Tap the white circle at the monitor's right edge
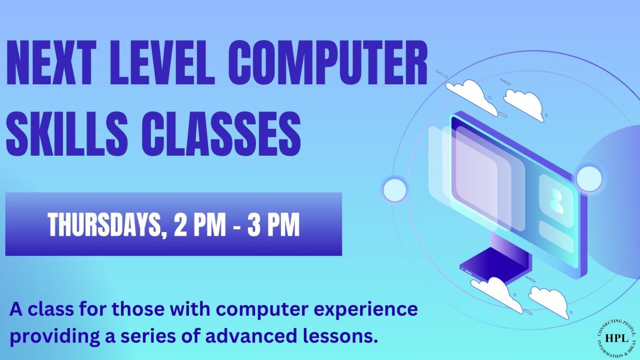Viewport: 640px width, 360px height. [589, 177]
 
